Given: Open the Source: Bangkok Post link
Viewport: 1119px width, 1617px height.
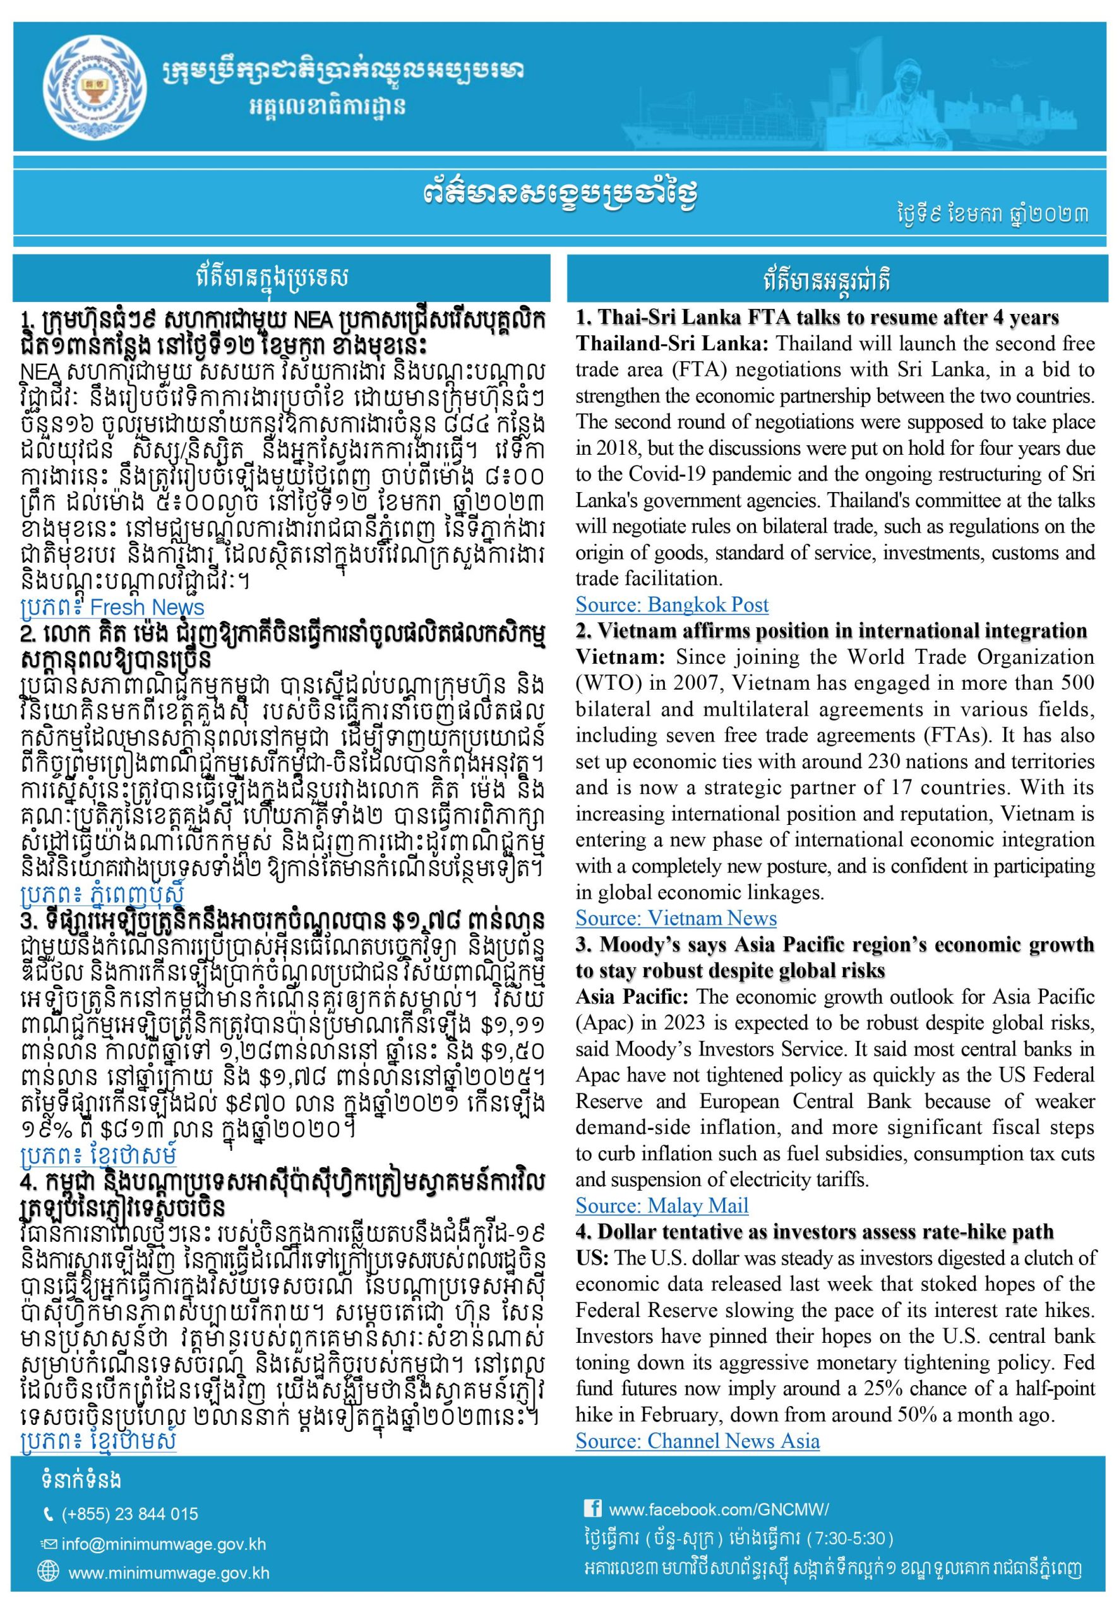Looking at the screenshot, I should point(672,604).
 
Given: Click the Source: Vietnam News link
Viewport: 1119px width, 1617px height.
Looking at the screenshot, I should point(676,918).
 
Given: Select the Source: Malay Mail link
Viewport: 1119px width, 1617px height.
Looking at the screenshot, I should point(662,1205).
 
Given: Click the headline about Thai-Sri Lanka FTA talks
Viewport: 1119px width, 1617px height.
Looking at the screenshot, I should point(817,318).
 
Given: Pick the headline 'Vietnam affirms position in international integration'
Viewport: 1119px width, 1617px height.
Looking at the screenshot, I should point(831,631).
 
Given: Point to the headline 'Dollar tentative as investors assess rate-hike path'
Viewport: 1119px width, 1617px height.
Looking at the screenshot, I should point(815,1232).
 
